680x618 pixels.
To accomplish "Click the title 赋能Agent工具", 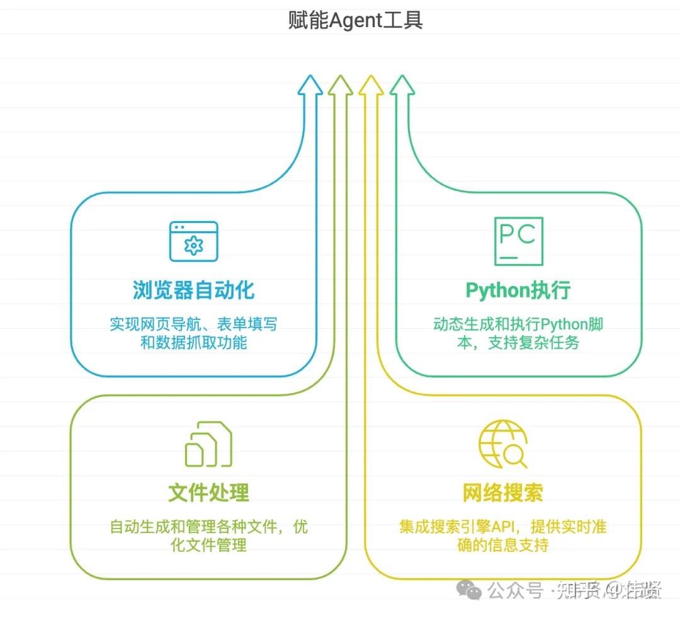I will tap(355, 21).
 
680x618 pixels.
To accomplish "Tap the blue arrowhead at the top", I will tap(310, 86).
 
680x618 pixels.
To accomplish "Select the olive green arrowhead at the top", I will tap(341, 86).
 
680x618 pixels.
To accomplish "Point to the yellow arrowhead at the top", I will tap(371, 86).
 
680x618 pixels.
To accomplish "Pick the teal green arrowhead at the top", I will tap(402, 86).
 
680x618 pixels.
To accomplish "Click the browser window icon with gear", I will tap(193, 241).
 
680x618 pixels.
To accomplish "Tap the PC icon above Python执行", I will tap(518, 241).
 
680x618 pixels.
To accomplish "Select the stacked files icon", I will tap(208, 444).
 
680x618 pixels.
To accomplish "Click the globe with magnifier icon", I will tap(502, 444).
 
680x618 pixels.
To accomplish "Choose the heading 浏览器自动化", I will tap(193, 290).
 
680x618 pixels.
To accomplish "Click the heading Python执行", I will tap(518, 290).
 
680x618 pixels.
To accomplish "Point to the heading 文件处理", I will tap(208, 493).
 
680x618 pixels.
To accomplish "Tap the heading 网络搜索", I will tap(502, 493).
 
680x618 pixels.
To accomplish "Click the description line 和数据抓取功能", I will tap(193, 343).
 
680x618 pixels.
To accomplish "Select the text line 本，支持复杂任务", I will tap(518, 343).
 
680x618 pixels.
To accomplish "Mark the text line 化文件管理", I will tap(208, 545).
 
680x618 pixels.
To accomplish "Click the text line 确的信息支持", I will tap(502, 545).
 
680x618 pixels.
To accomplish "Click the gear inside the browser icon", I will tap(194, 245).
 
